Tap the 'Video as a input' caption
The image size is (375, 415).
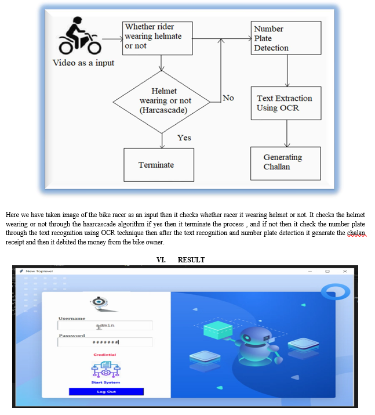click(83, 63)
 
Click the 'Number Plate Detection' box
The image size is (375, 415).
click(286, 38)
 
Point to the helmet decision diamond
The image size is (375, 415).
click(161, 100)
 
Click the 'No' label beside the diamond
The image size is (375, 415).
click(228, 98)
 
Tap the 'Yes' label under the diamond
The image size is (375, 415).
click(184, 138)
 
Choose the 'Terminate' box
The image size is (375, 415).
click(156, 165)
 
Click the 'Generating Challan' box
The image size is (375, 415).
click(285, 163)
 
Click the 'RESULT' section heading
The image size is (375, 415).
click(191, 259)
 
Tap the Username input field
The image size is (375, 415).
click(105, 326)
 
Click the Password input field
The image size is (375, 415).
click(105, 342)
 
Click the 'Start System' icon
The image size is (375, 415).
click(105, 370)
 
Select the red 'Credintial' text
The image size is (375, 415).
click(105, 355)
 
